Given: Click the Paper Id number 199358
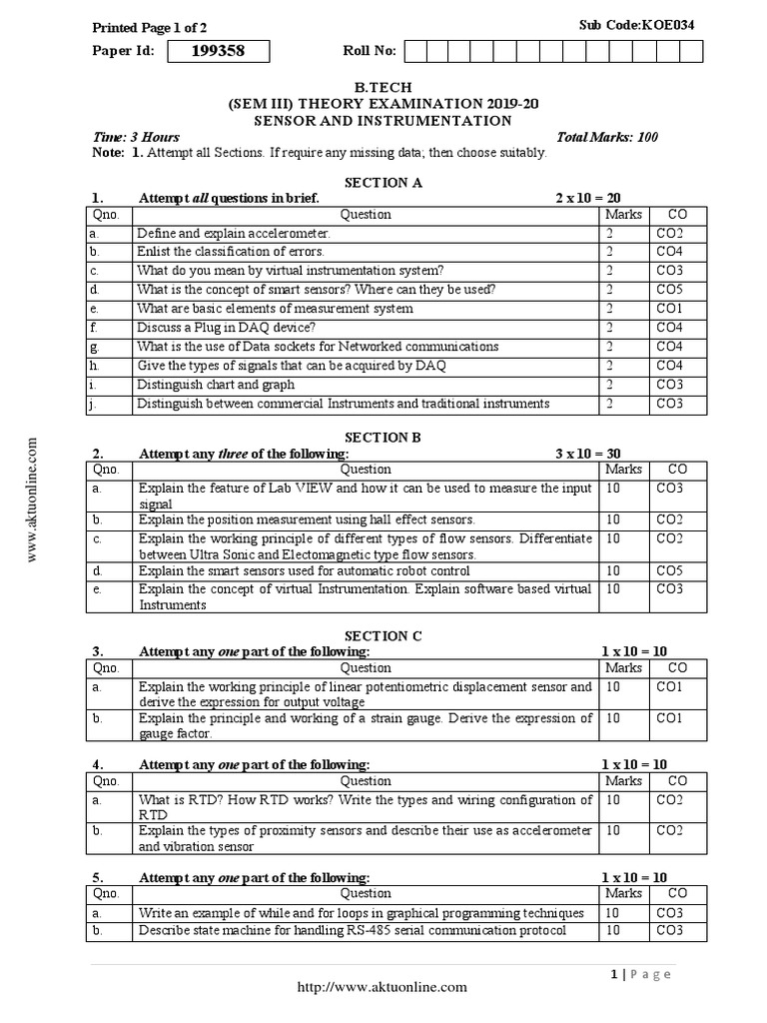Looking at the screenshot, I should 219,52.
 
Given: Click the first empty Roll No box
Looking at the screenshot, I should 414,52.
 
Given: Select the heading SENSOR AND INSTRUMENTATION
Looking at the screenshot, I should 383,121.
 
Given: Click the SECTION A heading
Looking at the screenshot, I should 383,183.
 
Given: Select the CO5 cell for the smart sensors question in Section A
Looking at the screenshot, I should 669,290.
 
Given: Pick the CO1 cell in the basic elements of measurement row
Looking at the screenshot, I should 669,309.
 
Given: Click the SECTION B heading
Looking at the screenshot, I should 383,438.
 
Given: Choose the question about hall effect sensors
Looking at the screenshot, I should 307,520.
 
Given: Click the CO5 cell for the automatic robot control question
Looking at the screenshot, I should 669,571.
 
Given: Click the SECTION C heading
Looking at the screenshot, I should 383,636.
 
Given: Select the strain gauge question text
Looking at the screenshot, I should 366,725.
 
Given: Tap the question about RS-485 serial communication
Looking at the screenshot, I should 353,931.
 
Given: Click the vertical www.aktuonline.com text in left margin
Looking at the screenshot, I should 33,500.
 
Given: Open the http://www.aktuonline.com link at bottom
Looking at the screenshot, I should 383,987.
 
